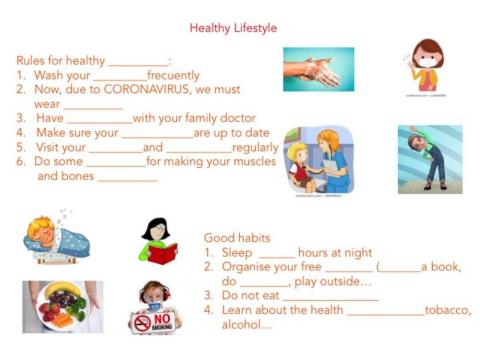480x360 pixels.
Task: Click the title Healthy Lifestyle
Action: pos(233,28)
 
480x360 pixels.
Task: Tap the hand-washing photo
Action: pos(318,69)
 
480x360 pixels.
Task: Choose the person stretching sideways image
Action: pos(430,158)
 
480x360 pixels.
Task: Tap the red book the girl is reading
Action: pos(161,254)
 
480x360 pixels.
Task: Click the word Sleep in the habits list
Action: pos(239,253)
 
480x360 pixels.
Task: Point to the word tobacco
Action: pos(448,311)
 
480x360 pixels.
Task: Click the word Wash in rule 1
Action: pos(50,75)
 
